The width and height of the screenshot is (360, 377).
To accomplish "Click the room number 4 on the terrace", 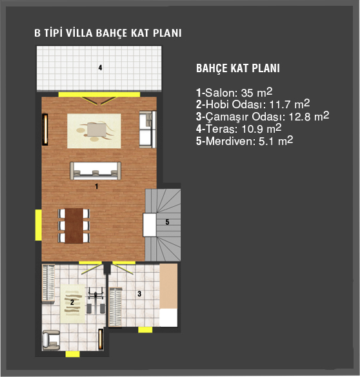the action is (100, 68).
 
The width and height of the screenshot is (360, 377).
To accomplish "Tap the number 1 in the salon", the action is (97, 186).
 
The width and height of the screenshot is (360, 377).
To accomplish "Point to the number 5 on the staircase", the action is (167, 222).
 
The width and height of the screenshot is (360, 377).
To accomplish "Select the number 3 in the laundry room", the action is (139, 294).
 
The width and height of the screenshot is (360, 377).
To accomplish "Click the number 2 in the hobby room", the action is (72, 302).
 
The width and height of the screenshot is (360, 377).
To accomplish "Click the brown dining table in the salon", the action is (74, 226).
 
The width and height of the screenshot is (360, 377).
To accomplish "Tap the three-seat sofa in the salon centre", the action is (95, 171).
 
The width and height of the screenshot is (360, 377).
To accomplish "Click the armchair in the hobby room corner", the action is (51, 340).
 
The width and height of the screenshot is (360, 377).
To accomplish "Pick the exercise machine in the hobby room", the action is (95, 300).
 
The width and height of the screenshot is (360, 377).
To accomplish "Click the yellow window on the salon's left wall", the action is (39, 225).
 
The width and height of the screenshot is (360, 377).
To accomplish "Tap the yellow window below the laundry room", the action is (145, 330).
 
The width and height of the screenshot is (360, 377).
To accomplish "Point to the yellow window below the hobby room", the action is (73, 354).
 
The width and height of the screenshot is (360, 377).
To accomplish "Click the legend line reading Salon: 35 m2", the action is (234, 93).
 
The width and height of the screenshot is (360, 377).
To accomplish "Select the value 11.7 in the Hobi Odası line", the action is (280, 104).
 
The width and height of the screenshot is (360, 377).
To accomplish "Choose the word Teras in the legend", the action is (221, 129).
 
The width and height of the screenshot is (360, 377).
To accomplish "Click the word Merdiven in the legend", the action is (229, 141).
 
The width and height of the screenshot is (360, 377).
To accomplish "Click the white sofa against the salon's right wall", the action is (148, 130).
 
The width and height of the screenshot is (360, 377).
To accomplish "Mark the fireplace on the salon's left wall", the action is (45, 130).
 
